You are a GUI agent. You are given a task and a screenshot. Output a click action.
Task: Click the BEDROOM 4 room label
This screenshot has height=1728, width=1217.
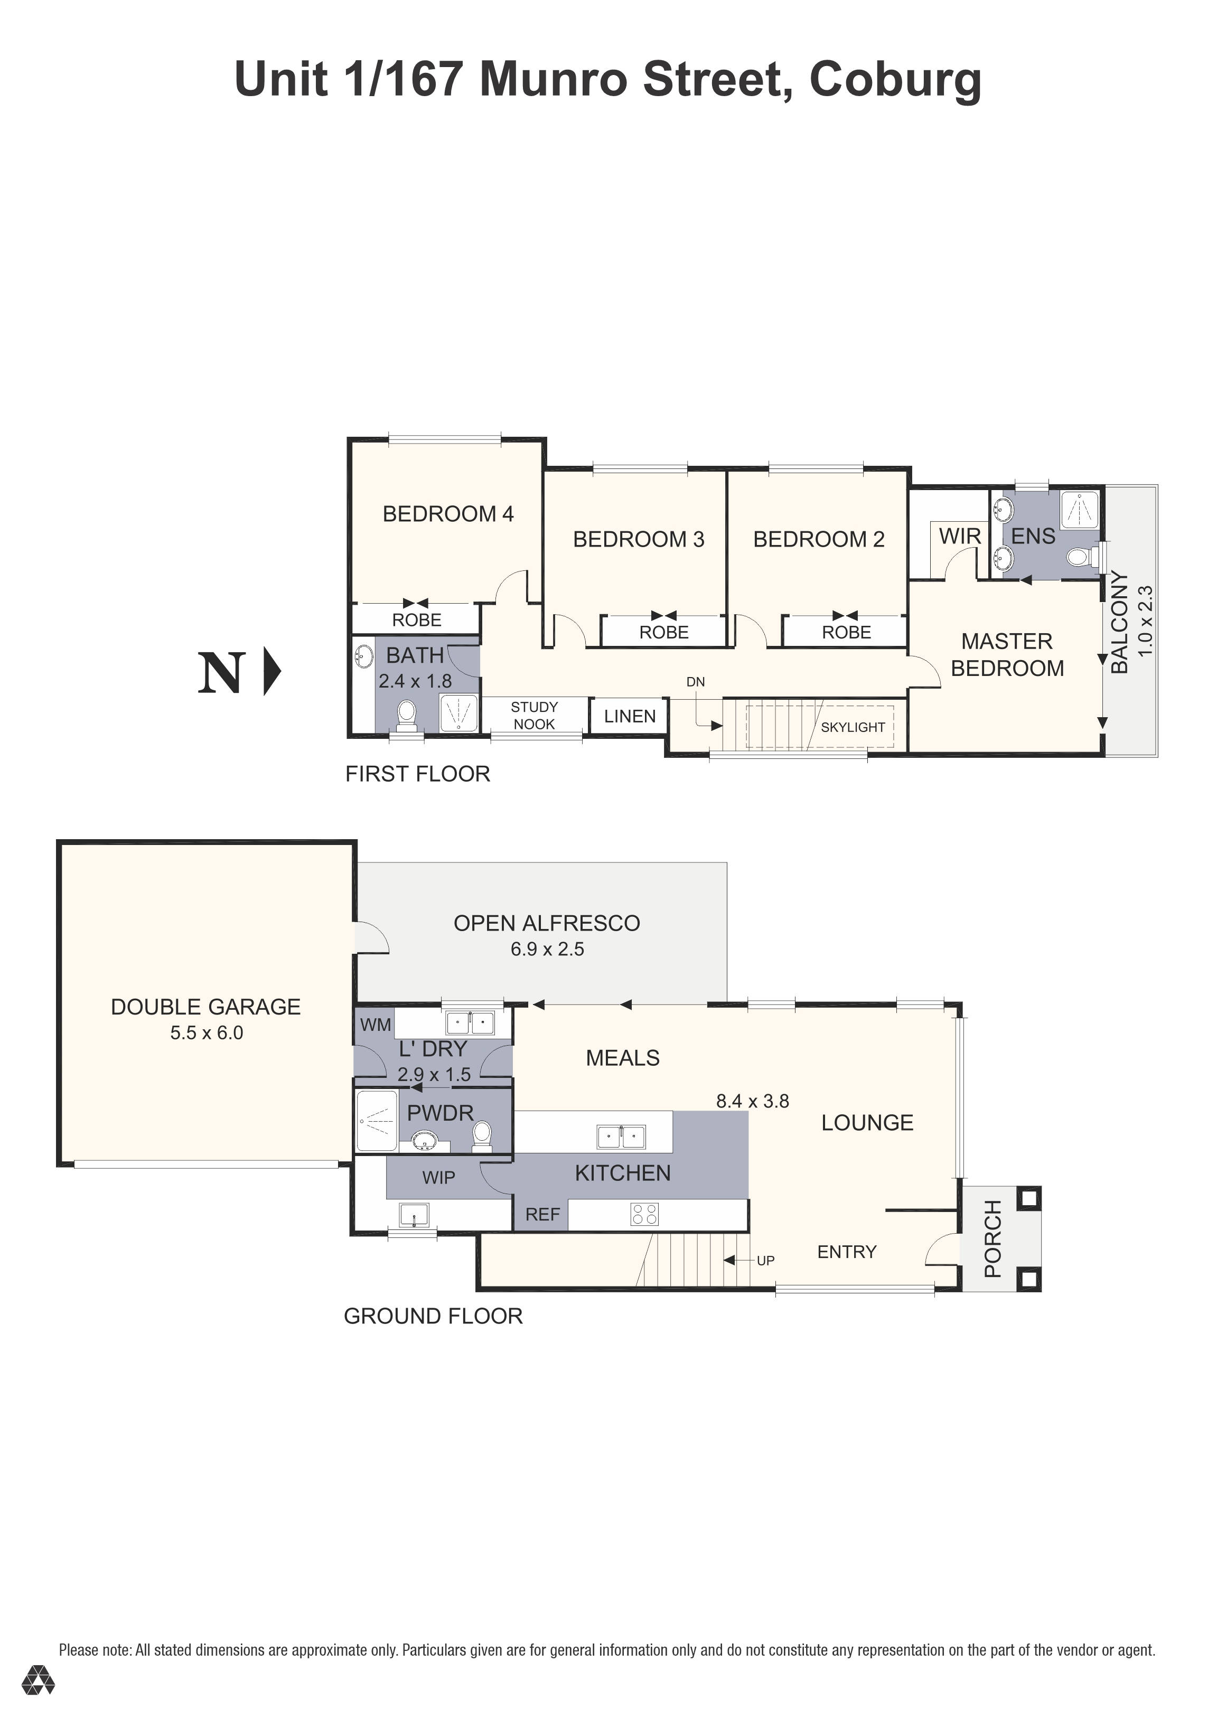448,514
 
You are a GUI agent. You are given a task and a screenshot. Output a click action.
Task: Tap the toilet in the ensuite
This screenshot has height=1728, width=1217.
1079,558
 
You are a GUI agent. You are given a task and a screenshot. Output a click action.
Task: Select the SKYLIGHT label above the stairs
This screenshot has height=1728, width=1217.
852,727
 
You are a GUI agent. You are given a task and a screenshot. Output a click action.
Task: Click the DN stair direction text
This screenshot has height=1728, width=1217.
696,682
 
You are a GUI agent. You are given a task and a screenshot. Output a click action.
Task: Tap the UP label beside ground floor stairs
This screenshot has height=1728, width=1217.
765,1261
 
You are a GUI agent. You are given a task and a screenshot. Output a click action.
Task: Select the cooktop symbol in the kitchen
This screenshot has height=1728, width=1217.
644,1214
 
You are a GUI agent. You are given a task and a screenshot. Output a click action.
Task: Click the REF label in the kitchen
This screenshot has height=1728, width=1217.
542,1214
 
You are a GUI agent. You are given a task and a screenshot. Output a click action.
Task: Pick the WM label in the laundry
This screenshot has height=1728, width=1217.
375,1025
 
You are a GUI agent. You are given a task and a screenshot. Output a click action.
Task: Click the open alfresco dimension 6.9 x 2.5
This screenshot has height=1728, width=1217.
547,949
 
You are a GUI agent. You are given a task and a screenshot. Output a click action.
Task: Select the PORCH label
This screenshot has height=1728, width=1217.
993,1239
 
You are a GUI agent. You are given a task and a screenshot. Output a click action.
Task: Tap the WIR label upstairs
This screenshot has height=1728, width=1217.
960,537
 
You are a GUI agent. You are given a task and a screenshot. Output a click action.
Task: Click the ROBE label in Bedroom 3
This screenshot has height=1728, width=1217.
664,632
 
